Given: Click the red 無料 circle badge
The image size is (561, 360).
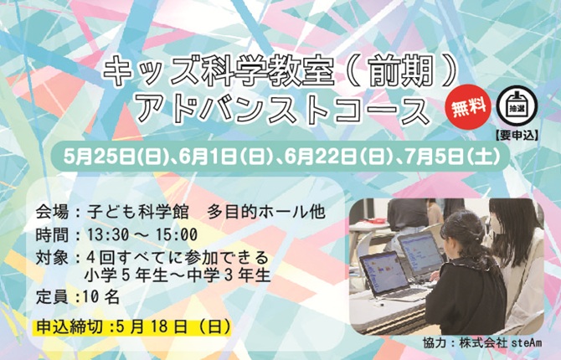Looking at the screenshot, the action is pos(468,106).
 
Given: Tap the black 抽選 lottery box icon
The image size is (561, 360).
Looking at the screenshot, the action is pos(517,106).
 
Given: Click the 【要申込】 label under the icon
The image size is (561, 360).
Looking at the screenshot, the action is pos(517,136).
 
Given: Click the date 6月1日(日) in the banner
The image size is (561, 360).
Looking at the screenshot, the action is pos(224,157).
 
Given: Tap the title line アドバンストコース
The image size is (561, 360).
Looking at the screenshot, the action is pos(285,108).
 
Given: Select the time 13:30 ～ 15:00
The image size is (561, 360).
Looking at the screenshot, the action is pos(142,234).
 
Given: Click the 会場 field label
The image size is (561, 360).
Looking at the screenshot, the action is pos(52,212).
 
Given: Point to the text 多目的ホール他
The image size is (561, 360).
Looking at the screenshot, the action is pos(265,212).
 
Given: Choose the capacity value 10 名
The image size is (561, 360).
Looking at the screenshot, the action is pos(101,296).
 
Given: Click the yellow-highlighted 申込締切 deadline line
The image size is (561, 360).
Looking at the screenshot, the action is pos(133,327).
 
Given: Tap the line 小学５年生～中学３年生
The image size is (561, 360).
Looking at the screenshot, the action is pos(178,275).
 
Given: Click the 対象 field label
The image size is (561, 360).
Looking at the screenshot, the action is pos(52,258).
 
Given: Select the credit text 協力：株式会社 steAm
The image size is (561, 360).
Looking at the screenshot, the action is pos(482,342).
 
